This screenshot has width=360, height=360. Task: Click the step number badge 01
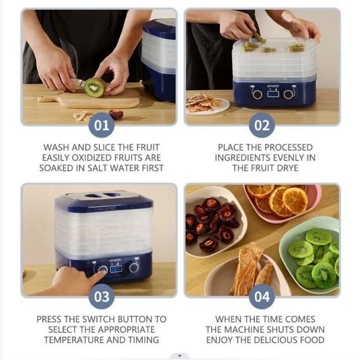click(x=102, y=125)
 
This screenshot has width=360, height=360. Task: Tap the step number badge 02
click(x=262, y=125)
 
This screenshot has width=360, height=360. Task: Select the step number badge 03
click(x=102, y=296)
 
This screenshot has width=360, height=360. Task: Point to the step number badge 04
click(x=262, y=296)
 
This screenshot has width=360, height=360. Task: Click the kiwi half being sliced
click(x=95, y=87)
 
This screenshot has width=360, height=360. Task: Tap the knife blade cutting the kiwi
click(x=77, y=83)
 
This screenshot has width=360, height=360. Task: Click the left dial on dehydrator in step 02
click(x=257, y=94)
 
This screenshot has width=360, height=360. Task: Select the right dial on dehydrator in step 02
click(x=288, y=94)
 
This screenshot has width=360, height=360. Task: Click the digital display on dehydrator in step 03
click(x=116, y=269)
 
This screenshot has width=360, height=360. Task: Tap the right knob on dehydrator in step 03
click(x=133, y=268)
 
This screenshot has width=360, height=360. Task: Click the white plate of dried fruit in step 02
click(x=207, y=105)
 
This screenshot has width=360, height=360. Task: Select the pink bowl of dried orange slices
click(x=283, y=203)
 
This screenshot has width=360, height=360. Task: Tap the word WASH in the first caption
click(x=57, y=147)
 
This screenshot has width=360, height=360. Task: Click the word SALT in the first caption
click(x=97, y=168)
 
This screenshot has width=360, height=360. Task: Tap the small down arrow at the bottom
click(x=180, y=356)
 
